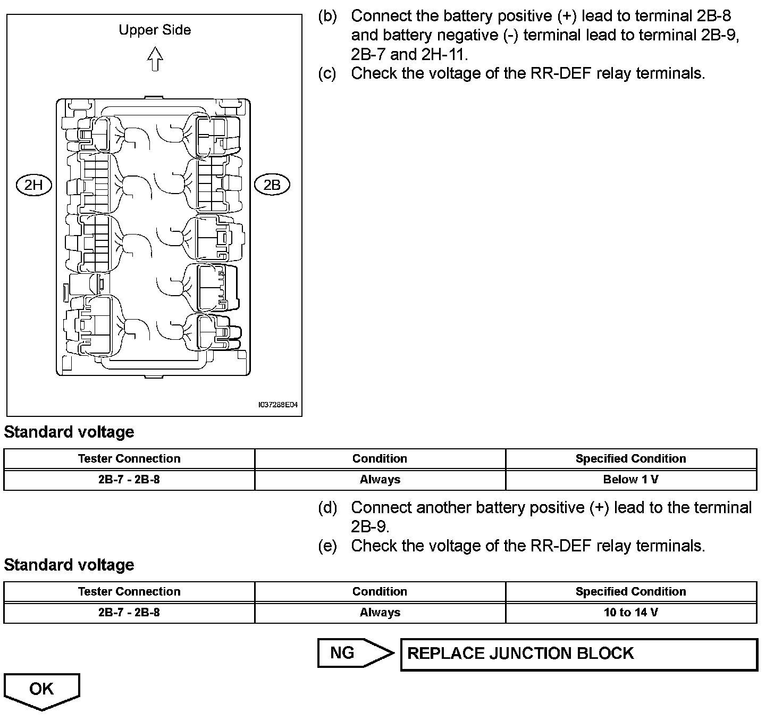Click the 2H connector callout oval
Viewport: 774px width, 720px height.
point(34,185)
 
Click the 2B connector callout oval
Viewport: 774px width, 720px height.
point(272,185)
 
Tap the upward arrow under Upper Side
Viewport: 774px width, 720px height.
point(155,59)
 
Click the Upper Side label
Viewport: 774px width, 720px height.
point(155,30)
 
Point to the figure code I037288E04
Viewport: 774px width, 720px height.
point(278,405)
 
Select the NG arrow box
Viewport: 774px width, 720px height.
point(356,653)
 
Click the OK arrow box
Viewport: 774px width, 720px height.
point(41,692)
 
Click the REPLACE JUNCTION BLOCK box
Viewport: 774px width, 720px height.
point(579,655)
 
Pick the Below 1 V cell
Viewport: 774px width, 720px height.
point(632,479)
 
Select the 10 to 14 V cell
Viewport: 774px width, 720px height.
point(632,613)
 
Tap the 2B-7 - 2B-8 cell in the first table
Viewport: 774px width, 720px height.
point(129,479)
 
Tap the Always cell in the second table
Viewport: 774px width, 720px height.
point(380,613)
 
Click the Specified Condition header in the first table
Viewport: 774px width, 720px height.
point(631,458)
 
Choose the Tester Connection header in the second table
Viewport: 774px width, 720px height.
point(129,591)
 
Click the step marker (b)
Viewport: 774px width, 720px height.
point(327,16)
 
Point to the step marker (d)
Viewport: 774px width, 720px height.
point(327,508)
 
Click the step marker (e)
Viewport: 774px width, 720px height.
point(327,546)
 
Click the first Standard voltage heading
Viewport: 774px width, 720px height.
point(69,432)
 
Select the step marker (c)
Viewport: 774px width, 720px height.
point(327,74)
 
